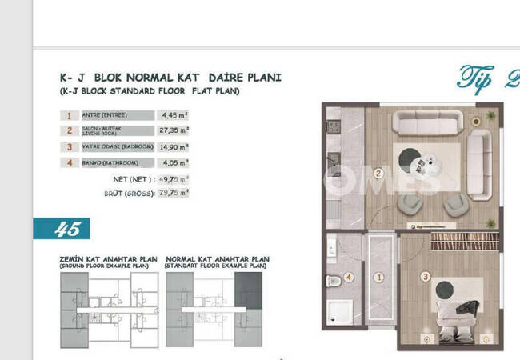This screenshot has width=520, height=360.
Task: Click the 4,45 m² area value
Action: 173,114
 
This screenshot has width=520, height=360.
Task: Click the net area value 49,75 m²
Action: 174,178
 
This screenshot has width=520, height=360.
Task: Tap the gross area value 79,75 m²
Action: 174,193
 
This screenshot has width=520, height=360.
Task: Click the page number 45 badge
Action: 68,229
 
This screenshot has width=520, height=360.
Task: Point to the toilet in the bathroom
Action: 334,282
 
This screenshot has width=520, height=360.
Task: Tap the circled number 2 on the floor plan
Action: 378,171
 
